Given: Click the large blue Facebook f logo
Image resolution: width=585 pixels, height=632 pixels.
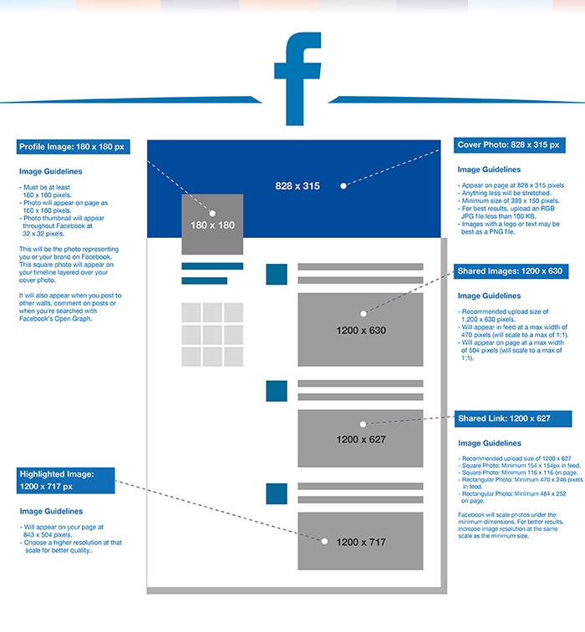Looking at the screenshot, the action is pos(298,78).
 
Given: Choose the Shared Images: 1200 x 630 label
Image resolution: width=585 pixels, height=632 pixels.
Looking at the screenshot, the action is pos(511,271).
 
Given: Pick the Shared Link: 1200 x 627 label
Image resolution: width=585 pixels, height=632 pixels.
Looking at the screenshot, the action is pos(513,419).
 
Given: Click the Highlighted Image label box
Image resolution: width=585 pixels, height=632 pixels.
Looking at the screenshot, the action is pos(66,480).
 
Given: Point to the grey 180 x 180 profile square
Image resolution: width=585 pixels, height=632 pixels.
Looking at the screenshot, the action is pos(212,224).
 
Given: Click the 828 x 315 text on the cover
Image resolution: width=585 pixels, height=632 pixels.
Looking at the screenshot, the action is pos(298,186).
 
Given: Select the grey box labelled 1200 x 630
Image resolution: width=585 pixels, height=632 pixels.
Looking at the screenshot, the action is pos(360,330).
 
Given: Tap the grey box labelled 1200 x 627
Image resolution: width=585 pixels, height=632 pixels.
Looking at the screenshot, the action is pos(360,438).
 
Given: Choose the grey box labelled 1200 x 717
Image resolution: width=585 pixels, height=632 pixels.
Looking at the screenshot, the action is pos(360,541).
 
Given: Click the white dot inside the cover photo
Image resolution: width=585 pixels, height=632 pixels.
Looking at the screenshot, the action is pos(343,186).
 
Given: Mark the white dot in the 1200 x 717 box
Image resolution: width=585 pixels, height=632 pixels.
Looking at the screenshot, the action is pos(324,541).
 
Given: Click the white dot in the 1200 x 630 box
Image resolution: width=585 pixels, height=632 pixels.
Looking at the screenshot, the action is pos(364,314).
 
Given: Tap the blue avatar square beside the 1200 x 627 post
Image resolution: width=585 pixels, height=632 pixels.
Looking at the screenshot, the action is pos(277,391).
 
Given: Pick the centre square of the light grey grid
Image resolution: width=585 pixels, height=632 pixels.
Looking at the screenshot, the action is pos(212,335).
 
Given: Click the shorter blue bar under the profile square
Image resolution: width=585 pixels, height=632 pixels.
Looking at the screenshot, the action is pos(204,281).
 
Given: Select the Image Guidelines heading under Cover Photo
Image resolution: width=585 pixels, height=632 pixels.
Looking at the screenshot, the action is pos(489,169).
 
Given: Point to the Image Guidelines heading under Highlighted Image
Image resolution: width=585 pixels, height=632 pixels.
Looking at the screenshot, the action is pos(51,512).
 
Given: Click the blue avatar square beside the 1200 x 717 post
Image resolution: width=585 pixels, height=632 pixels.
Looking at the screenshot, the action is pos(277,493).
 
